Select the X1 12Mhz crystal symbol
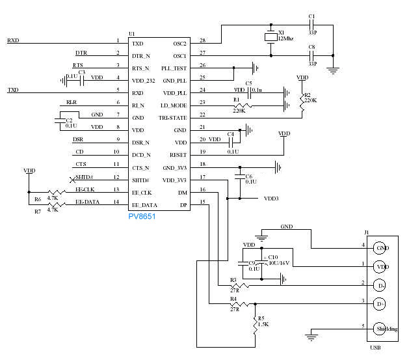(270, 38)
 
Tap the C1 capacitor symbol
(311, 25)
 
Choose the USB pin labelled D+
(380, 303)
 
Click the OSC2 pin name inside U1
(180, 43)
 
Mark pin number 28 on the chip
(202, 40)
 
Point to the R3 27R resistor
(240, 285)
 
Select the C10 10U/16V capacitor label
(278, 260)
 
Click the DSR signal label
(77, 139)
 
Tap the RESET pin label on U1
(179, 155)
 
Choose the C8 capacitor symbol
(311, 55)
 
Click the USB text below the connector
(375, 348)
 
